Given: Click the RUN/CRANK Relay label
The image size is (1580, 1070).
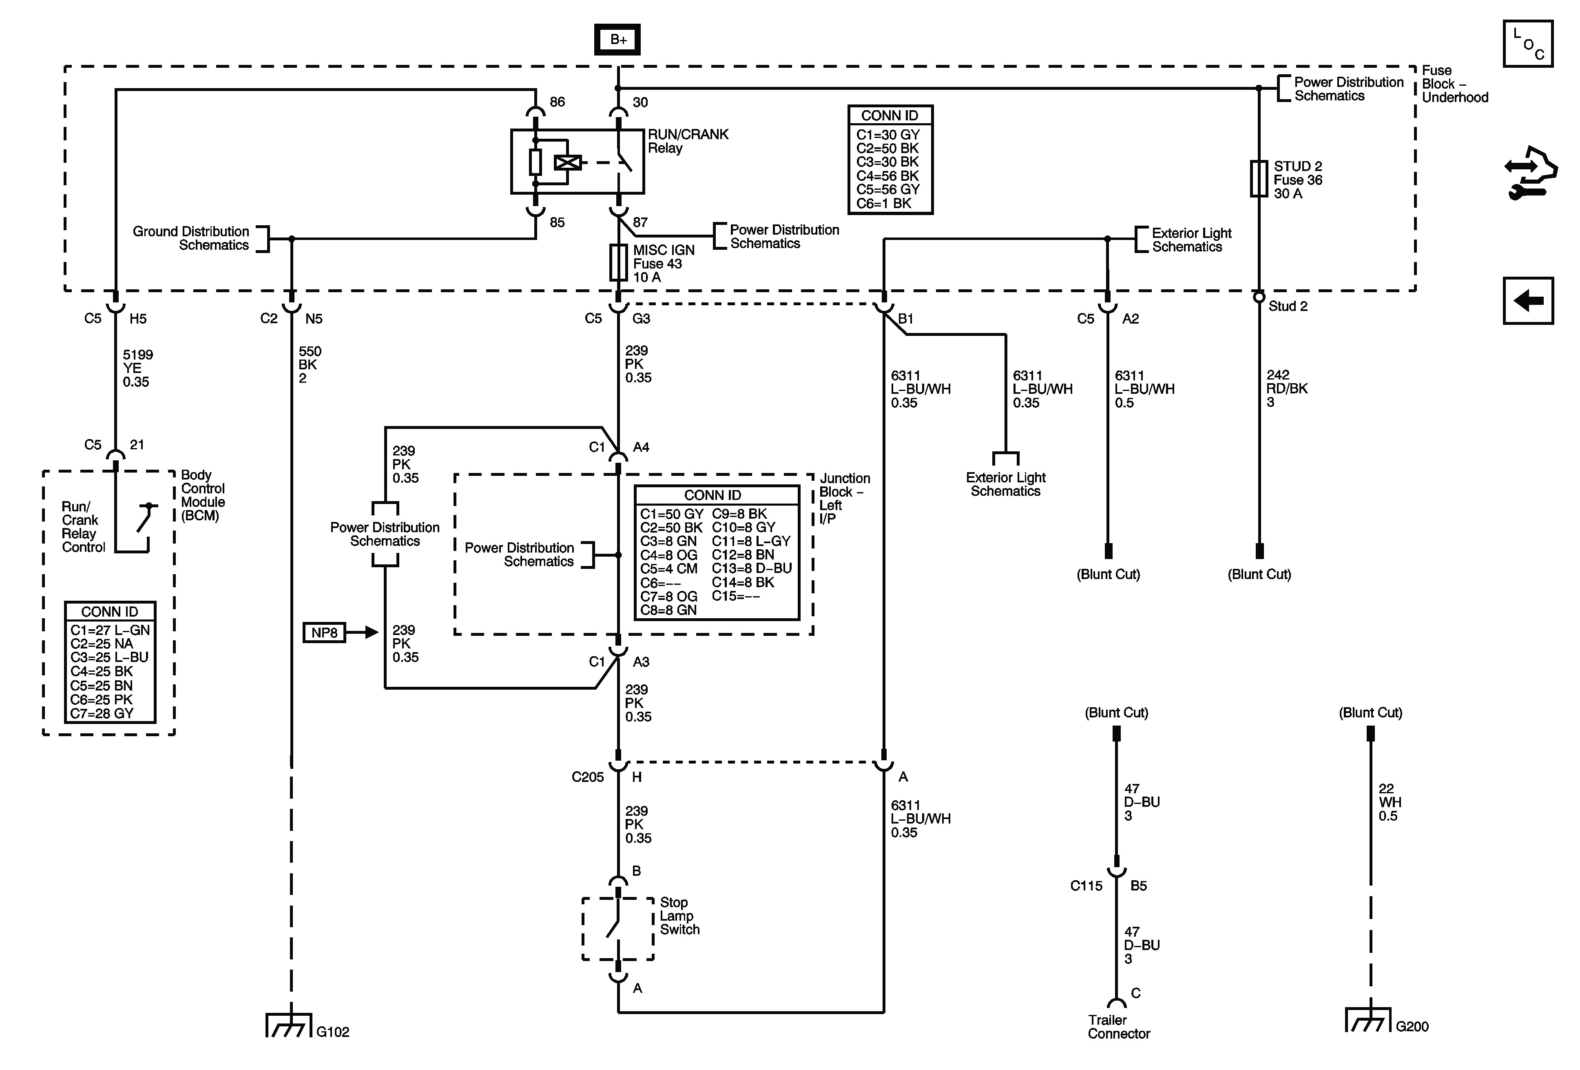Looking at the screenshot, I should pos(687,142).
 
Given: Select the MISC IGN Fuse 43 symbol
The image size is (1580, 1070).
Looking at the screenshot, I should pos(618,262).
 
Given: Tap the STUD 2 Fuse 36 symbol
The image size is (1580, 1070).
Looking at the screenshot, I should pos(1259,179).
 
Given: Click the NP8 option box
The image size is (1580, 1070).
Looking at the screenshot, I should pos(324,633).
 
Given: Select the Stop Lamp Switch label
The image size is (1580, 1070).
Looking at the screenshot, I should pos(679,916).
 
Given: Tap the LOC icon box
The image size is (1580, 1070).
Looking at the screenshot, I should pos(1528,44).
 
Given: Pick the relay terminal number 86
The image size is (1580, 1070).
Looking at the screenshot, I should pos(557,102).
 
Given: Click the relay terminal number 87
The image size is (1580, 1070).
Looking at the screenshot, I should pos(640,222).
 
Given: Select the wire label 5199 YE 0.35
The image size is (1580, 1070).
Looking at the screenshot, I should pos(137,368).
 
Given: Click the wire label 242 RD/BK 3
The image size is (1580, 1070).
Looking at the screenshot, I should pos(1286,388).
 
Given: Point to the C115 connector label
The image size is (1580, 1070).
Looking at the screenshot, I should pos(1086,886).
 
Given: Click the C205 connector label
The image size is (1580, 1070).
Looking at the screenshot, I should pos(587,777).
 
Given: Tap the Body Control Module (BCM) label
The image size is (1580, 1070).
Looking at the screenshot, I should pos(203,495).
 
